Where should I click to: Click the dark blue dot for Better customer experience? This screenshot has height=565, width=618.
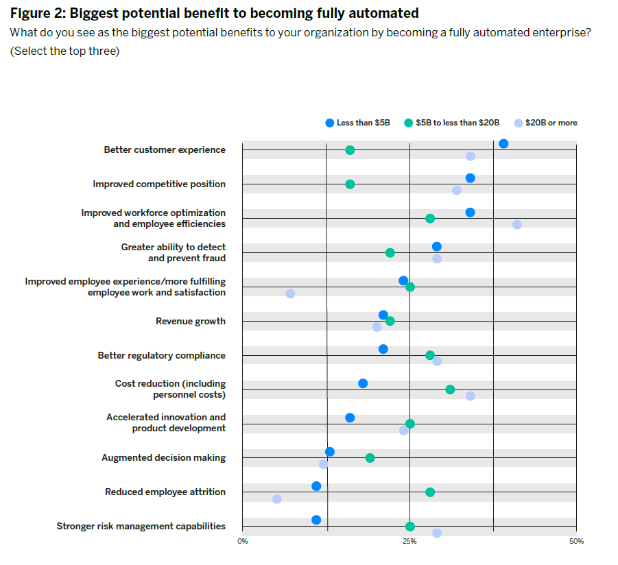click(x=503, y=143)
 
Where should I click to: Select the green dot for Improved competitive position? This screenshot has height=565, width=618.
click(x=350, y=184)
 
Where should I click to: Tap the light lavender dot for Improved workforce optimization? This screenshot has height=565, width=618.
click(x=516, y=225)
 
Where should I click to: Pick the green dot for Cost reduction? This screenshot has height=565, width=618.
click(x=450, y=389)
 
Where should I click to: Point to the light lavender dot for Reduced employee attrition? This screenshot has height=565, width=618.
click(x=276, y=499)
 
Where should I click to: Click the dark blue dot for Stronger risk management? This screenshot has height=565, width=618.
click(x=316, y=520)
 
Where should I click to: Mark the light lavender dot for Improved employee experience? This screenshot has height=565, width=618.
click(x=290, y=293)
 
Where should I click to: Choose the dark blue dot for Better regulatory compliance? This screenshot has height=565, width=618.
click(x=383, y=349)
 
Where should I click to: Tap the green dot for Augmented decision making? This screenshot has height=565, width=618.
click(x=370, y=458)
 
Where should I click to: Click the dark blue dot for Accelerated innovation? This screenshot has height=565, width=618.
click(x=350, y=418)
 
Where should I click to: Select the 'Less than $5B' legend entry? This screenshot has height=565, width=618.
click(x=357, y=123)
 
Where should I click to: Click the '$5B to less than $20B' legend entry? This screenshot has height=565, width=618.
click(x=452, y=123)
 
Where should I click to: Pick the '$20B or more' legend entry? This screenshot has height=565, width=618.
click(x=546, y=123)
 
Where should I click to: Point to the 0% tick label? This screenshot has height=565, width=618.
click(x=243, y=542)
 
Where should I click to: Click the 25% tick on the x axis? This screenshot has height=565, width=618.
click(x=409, y=542)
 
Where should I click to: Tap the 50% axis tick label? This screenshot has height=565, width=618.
click(x=576, y=542)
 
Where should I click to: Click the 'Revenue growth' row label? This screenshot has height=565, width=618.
click(x=190, y=321)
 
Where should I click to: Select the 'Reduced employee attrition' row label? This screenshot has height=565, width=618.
click(x=165, y=492)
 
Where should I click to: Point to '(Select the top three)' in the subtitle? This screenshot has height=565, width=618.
click(x=64, y=51)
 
